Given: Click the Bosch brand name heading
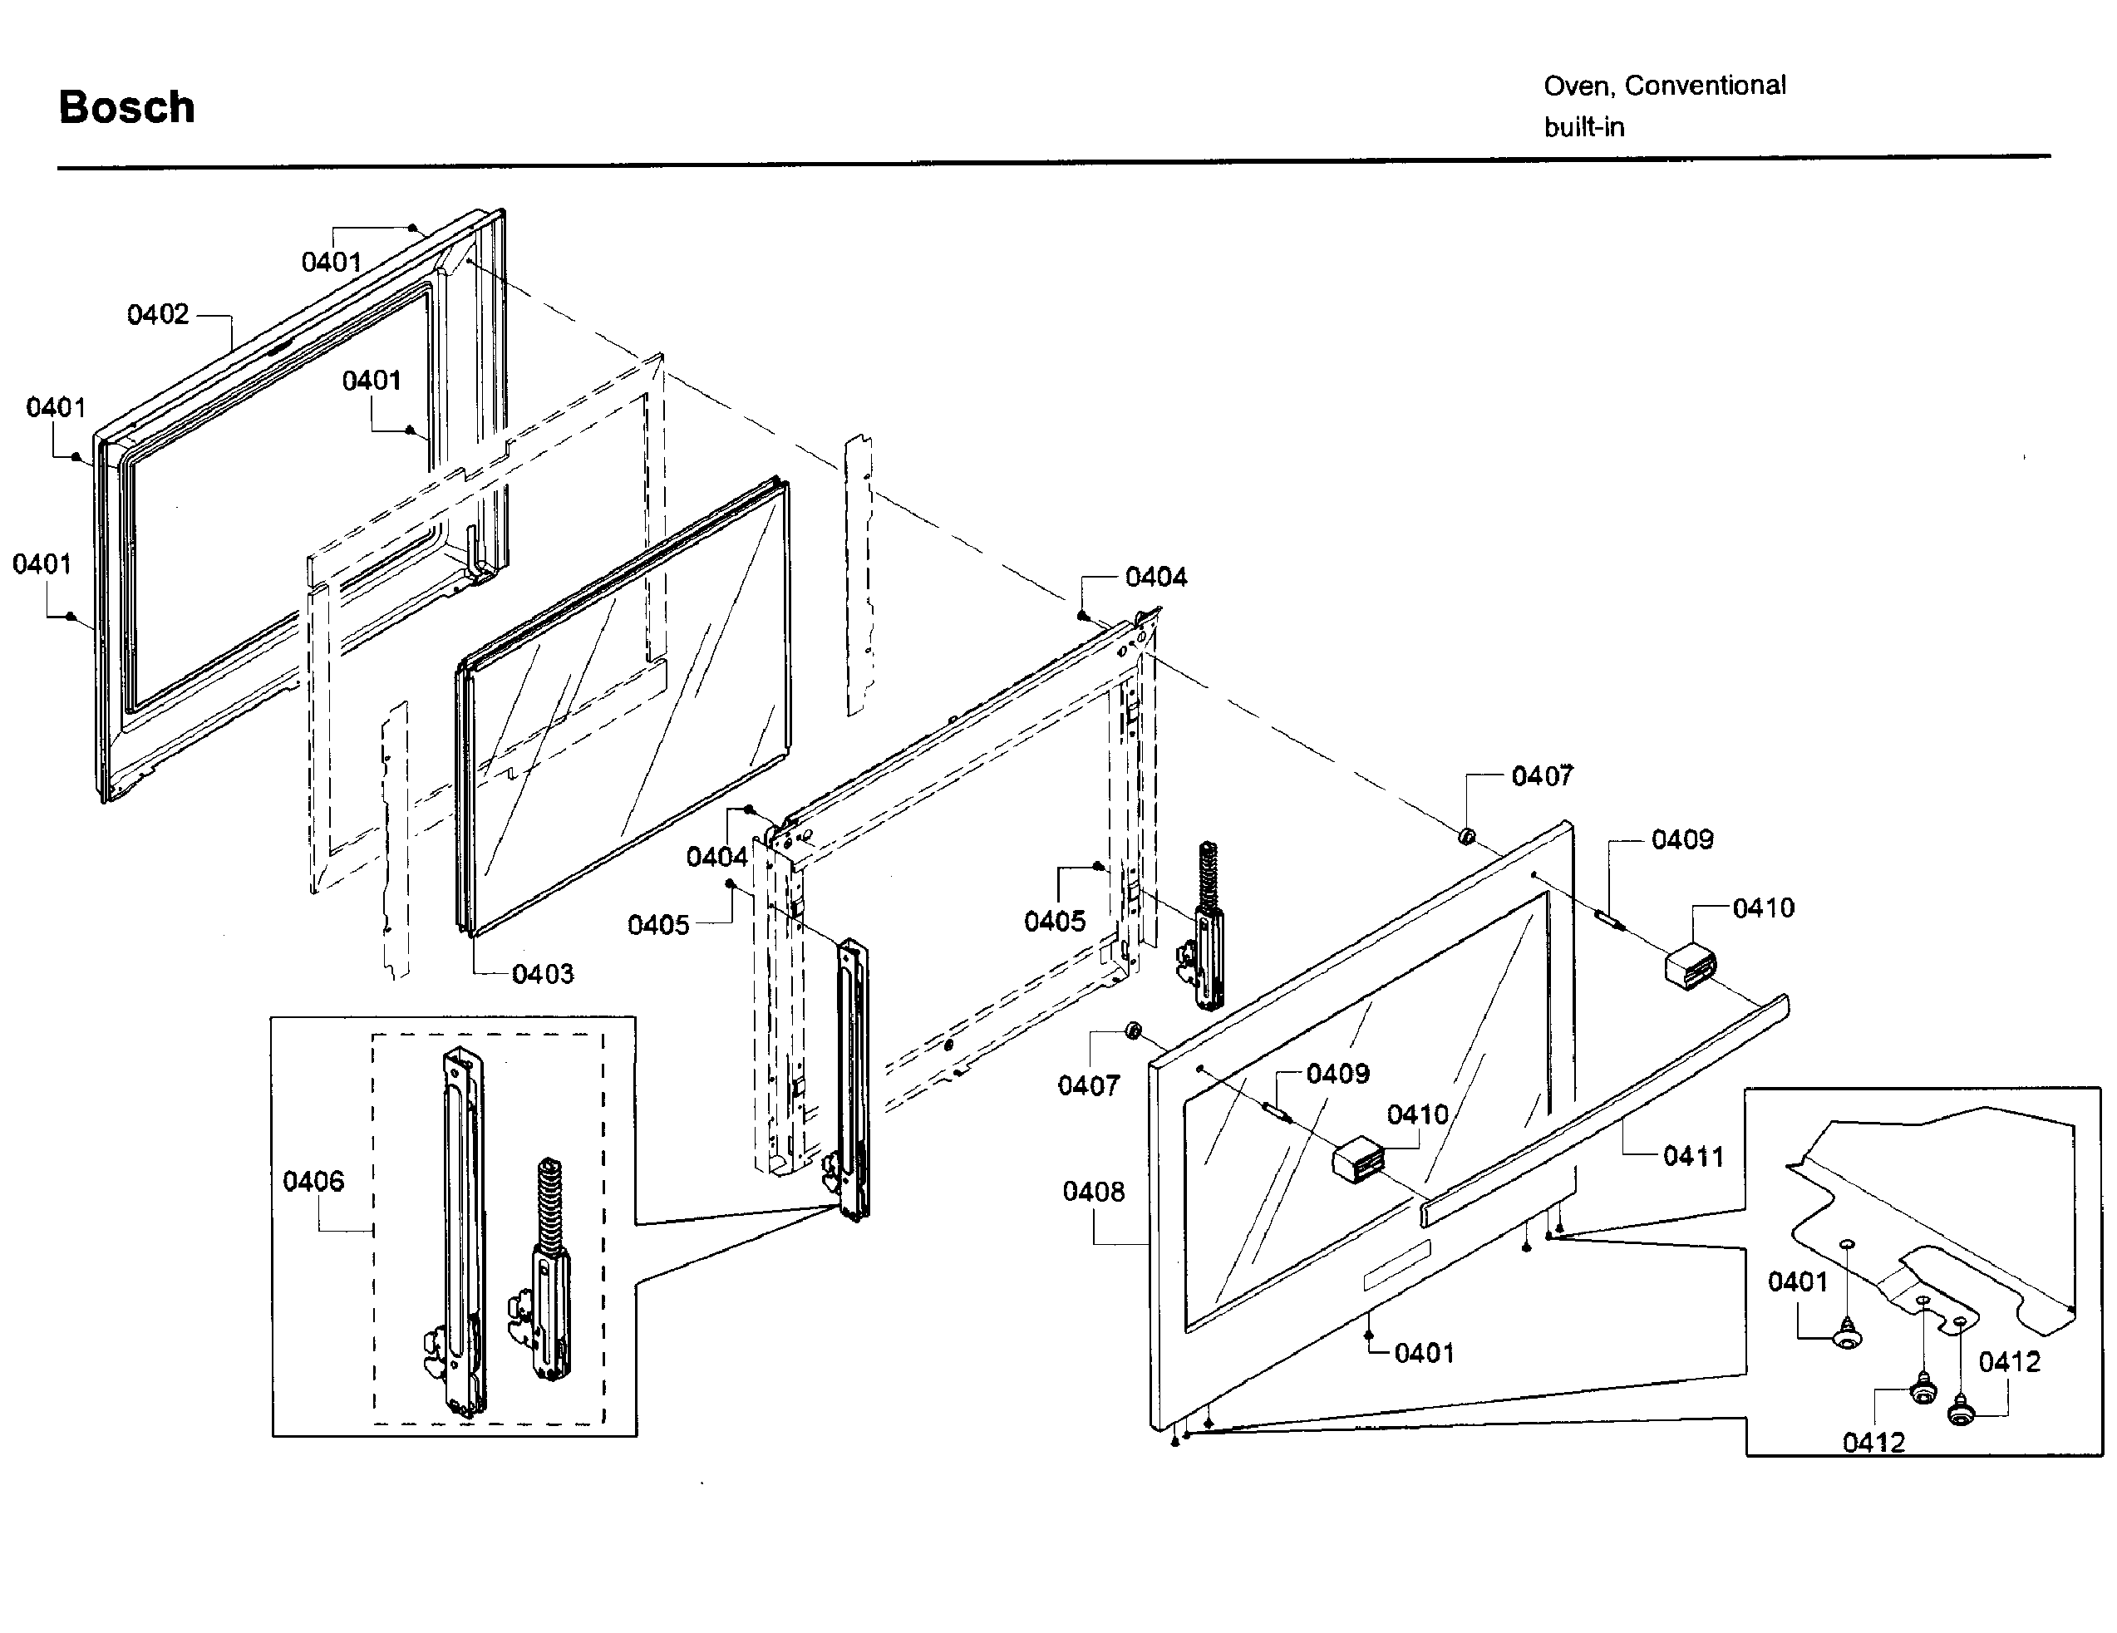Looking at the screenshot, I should [127, 106].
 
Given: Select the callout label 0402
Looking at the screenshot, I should [158, 314].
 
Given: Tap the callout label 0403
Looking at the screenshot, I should [543, 973].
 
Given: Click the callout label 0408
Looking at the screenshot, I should [1093, 1191].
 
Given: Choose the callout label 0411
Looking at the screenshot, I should [1692, 1155].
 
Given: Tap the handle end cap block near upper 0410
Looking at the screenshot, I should [1690, 967].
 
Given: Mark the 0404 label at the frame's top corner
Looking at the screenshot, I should [1155, 577].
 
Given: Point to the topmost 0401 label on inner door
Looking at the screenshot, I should [331, 262].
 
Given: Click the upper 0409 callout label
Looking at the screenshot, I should [1681, 839].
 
